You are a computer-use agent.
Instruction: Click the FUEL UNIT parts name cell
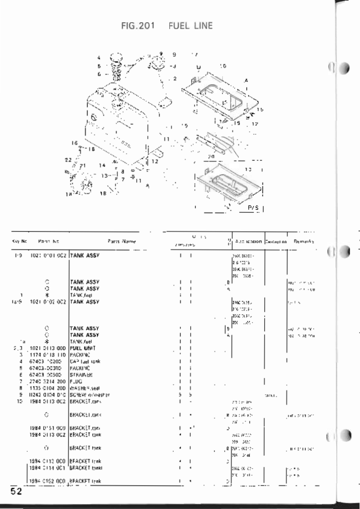coord(83,348)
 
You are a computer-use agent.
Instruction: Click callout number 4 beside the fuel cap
coord(99,58)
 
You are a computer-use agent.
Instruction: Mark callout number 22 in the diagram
coord(69,159)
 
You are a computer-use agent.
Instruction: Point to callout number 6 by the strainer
coord(99,72)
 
